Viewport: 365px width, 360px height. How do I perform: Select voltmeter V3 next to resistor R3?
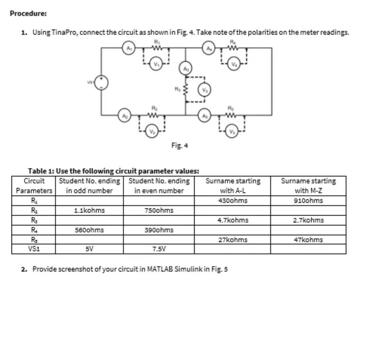point(205,90)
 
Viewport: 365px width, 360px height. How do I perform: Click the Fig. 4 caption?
point(180,146)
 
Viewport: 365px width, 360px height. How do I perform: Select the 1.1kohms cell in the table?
point(89,210)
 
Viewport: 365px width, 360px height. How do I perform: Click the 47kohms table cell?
point(308,240)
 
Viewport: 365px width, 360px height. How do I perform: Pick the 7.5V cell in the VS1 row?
point(159,250)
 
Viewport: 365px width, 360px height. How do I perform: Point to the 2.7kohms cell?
point(308,220)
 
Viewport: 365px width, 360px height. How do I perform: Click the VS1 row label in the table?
point(33,250)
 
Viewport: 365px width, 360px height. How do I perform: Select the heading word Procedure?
point(28,14)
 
